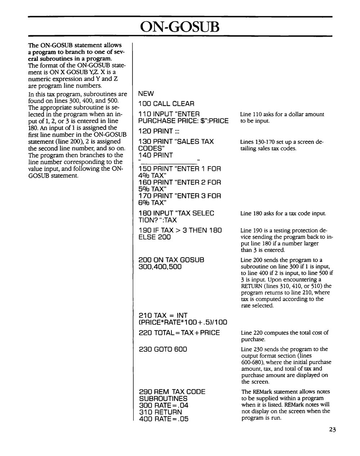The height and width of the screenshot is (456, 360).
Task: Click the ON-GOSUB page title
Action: (180, 26)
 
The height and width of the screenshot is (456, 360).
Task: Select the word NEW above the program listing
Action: (146, 94)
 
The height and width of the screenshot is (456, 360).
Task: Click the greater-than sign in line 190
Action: (181, 230)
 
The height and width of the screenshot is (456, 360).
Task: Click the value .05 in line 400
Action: (182, 419)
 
